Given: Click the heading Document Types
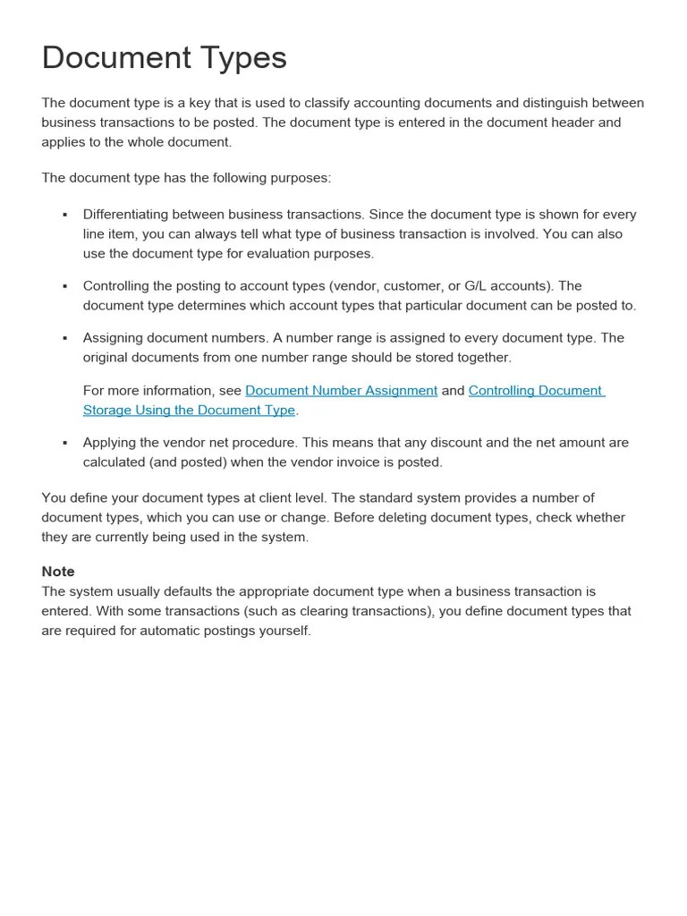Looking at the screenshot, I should coord(164,58).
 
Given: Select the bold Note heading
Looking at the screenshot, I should coord(58,572).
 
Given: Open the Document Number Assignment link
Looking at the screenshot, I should coord(341,391).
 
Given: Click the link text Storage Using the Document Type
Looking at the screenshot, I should coord(189,411).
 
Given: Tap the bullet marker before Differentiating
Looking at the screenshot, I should coord(65,216).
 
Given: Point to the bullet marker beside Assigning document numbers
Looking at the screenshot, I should coord(65,339).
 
